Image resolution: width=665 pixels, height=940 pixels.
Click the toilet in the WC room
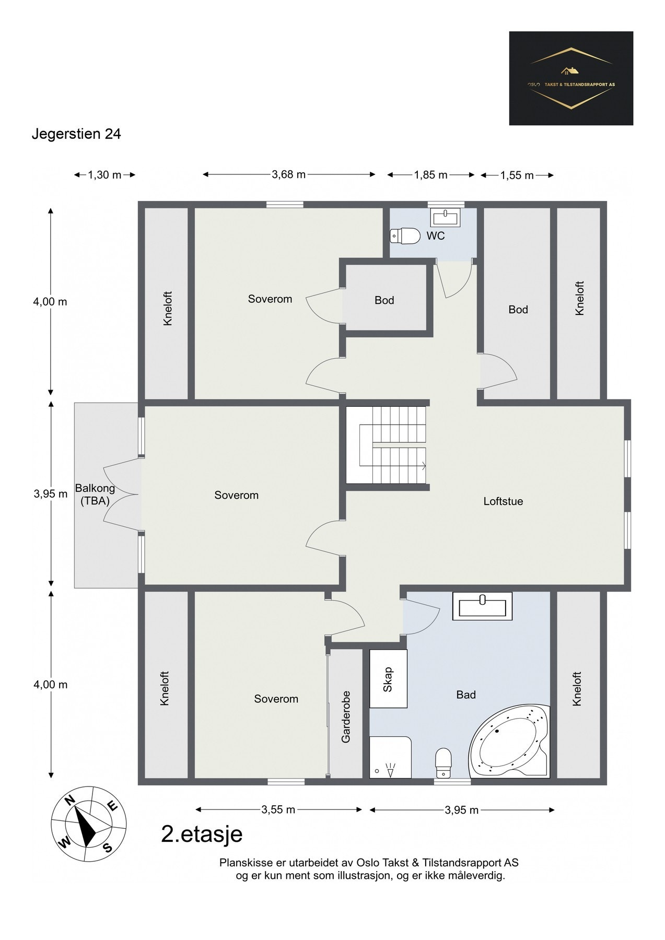coord(405,236)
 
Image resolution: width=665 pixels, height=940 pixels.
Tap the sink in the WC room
coord(445,216)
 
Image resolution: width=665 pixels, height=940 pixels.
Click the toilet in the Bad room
coord(444,763)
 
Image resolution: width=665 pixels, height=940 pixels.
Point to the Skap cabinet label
coord(388,679)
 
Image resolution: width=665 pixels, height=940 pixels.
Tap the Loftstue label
coord(503,501)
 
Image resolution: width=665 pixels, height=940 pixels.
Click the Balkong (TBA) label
coord(95,495)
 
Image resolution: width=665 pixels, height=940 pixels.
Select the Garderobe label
coord(346,716)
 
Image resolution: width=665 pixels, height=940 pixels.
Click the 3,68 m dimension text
coord(288,174)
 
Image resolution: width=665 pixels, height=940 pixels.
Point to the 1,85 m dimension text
coord(431,175)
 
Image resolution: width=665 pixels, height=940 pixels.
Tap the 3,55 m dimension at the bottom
coord(278,810)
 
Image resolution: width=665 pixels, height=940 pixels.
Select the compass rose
coord(88,824)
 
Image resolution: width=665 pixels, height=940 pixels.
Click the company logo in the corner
coord(571,78)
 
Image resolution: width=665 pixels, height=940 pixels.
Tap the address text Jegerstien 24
coord(76,134)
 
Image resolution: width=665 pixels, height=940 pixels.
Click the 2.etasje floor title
coord(202,834)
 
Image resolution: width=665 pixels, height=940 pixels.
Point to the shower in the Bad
coord(390,757)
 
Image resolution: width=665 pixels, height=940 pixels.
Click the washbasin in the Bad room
coord(483,606)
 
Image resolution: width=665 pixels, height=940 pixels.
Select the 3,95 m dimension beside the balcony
coord(51,494)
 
